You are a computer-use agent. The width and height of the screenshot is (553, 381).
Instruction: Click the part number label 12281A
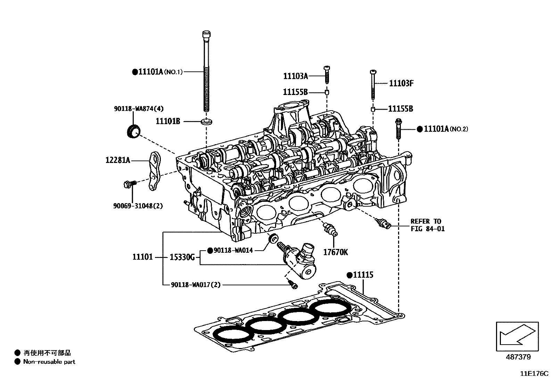[x=118, y=160]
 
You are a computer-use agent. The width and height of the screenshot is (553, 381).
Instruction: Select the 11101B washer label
[x=168, y=121]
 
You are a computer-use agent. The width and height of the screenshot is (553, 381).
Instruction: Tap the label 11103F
[x=401, y=83]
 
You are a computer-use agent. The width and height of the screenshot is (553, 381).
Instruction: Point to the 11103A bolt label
[x=295, y=76]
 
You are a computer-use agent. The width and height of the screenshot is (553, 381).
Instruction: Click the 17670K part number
[x=335, y=252]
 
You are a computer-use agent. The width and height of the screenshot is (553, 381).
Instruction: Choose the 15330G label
[x=182, y=257]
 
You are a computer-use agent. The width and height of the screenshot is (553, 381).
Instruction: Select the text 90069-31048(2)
[x=138, y=206]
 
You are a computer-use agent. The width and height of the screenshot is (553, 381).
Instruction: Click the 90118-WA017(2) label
[x=196, y=285]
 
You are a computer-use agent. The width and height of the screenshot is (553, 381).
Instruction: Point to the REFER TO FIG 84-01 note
[x=427, y=225]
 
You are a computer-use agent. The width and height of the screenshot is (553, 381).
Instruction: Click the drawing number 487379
[x=518, y=357]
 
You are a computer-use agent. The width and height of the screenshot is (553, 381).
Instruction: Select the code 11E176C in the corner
[x=534, y=374]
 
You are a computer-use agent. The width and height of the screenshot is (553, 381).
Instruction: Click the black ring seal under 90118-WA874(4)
[x=133, y=132]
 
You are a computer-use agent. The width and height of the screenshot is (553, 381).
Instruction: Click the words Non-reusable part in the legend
[x=49, y=362]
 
